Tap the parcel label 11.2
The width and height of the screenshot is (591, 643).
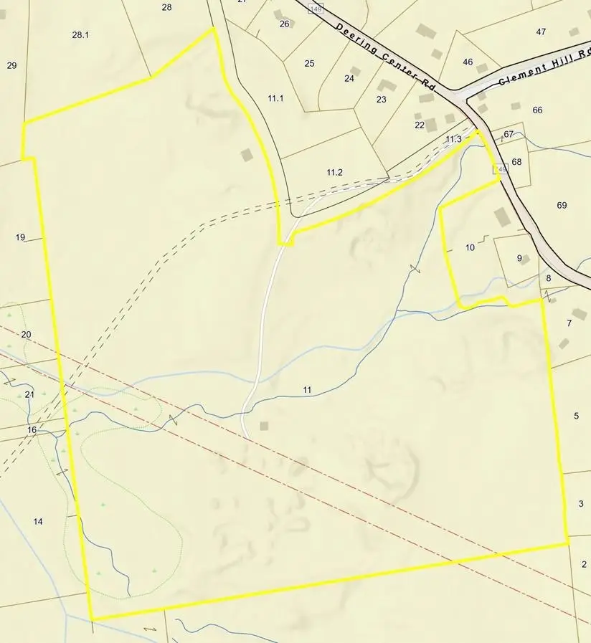coord(335,172)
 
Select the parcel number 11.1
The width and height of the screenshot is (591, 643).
coord(276,97)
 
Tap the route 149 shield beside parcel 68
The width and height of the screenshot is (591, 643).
coord(500,169)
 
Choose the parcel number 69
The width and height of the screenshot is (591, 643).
coord(562,206)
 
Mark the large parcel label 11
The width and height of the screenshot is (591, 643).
coord(307,390)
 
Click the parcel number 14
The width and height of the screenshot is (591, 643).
coord(38,521)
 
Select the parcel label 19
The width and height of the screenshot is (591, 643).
coord(20,237)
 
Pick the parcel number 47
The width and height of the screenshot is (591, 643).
coord(541,32)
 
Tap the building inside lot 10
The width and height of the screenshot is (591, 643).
coord(502,217)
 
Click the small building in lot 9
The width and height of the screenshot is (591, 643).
coord(524,259)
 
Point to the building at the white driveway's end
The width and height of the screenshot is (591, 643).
coord(264,426)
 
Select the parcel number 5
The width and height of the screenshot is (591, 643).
coord(576,416)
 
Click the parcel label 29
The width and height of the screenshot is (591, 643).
coord(11,66)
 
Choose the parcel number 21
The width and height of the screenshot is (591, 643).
coord(29,395)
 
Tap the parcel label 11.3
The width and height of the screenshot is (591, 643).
coord(453,139)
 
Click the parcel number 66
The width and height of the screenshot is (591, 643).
coord(538,110)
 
